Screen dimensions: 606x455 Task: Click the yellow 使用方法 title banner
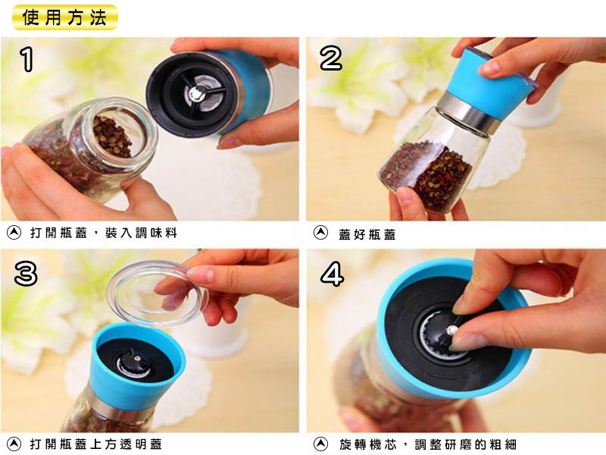click(64, 17)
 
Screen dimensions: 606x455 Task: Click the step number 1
click(27, 59)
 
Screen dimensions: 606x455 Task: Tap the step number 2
click(331, 58)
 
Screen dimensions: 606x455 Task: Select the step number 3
click(26, 273)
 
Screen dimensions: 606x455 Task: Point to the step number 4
click(332, 273)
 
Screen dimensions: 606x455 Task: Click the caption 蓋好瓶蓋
click(367, 234)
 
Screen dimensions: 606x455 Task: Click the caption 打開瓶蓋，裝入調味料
click(104, 233)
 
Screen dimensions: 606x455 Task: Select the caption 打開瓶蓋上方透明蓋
click(96, 444)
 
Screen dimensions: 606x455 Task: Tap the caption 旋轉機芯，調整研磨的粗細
click(428, 444)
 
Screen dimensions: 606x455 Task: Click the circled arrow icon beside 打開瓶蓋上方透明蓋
click(14, 444)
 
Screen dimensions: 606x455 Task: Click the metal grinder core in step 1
click(199, 93)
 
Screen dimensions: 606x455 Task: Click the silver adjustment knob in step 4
click(451, 330)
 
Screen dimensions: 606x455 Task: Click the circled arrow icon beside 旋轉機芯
click(320, 444)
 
